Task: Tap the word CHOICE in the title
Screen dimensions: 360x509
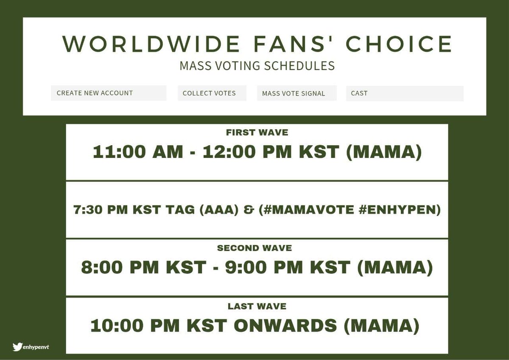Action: click(399, 44)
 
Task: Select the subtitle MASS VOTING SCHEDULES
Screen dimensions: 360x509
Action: click(257, 66)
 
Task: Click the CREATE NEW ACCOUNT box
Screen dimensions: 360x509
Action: click(109, 93)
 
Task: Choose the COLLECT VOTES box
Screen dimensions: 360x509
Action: click(212, 93)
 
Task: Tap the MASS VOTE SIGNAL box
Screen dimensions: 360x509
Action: click(296, 93)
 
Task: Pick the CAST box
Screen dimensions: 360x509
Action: click(405, 93)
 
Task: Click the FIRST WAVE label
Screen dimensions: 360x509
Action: click(257, 132)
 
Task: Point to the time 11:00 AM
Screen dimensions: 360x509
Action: click(137, 152)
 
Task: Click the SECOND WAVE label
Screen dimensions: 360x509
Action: click(255, 248)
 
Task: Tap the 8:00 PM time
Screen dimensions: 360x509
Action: click(122, 268)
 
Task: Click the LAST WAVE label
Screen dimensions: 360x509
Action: click(257, 306)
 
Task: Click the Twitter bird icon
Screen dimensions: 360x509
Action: click(17, 347)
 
